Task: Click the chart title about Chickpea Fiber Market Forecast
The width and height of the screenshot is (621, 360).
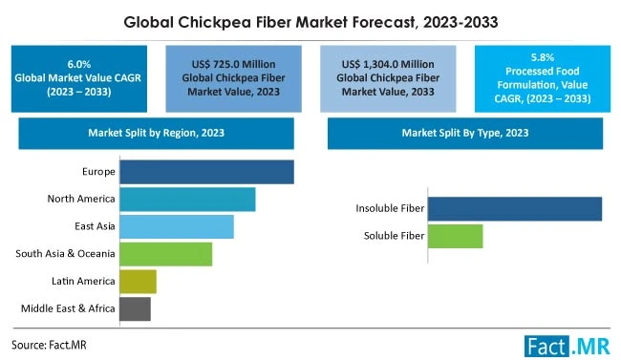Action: (x=310, y=18)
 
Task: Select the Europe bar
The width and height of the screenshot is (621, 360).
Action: (x=206, y=172)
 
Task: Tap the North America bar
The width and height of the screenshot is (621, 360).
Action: (x=187, y=199)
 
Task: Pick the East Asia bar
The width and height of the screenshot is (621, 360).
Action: (x=176, y=226)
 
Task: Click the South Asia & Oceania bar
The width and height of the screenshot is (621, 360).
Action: (x=165, y=253)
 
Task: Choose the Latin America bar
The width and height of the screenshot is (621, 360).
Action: (x=138, y=281)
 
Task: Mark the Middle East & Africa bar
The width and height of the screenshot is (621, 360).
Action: (x=135, y=308)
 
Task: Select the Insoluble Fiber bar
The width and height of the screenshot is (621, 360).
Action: (x=514, y=208)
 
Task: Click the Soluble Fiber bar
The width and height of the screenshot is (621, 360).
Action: (x=455, y=236)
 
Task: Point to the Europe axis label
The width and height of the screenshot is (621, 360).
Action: (x=98, y=172)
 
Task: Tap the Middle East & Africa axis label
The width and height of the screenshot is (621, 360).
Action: (x=68, y=308)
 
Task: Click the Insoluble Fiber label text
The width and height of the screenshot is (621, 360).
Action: (x=389, y=208)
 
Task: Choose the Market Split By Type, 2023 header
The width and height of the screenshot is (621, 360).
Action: (x=465, y=132)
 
